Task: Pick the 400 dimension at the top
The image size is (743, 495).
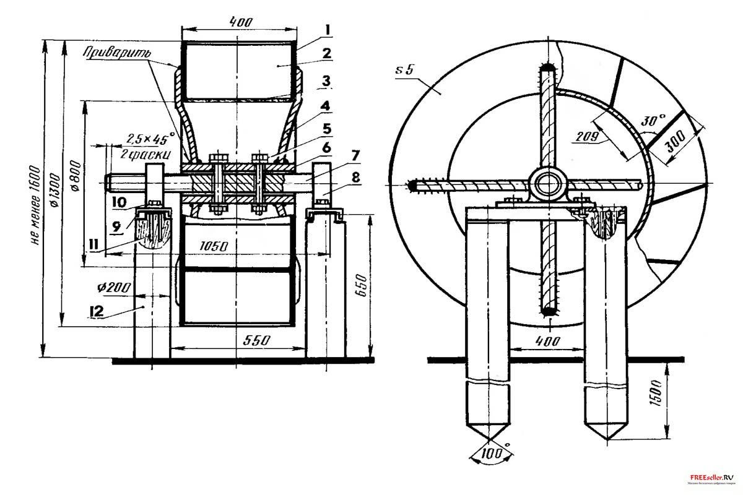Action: [x=240, y=21]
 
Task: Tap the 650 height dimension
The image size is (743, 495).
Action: [x=363, y=285]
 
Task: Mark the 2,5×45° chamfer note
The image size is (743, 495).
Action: [x=150, y=137]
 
